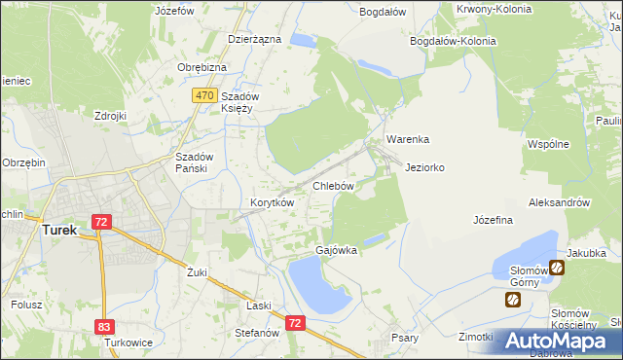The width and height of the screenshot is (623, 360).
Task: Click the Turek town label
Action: click(58, 231)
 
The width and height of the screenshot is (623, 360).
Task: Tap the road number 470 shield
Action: click(203, 95)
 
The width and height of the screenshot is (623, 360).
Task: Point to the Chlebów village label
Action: click(332, 185)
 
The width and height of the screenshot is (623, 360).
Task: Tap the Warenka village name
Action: click(408, 139)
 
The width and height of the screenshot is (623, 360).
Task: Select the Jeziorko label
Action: click(425, 167)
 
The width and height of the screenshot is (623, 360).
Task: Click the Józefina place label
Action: click(493, 220)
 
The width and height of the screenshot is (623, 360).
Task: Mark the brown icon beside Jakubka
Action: click(557, 268)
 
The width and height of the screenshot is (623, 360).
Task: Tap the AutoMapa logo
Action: click(560, 341)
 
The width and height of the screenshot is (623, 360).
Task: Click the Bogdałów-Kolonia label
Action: click(454, 42)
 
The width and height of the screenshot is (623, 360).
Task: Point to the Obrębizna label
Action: click(202, 67)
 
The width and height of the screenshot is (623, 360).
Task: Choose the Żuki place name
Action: click(198, 272)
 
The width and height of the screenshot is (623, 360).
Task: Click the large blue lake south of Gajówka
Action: click(317, 286)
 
